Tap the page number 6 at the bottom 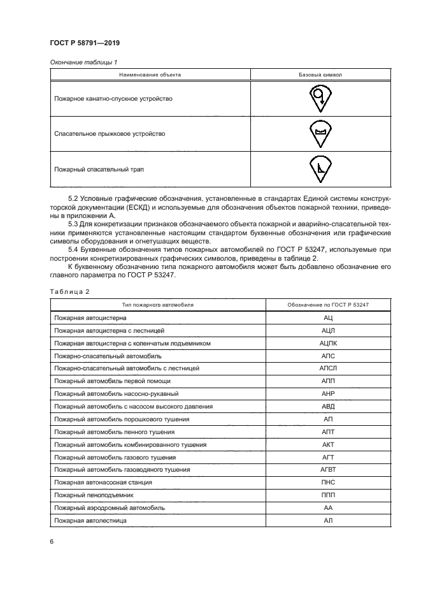coord(51,541)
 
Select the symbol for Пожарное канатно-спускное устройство coord(320,98)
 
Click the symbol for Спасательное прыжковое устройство coord(320,133)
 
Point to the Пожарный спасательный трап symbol coord(320,168)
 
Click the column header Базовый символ coord(320,75)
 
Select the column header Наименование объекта coord(150,75)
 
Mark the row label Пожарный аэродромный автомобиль coord(110,507)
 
